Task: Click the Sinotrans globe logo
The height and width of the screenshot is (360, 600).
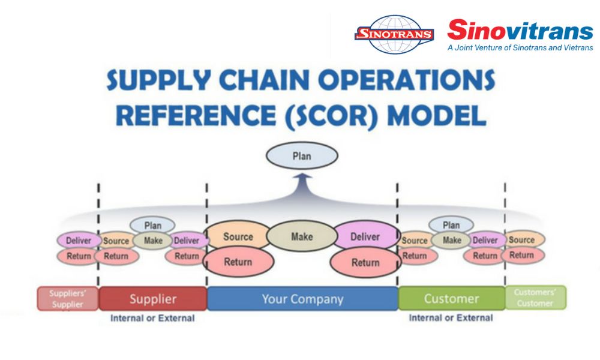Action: tap(394, 34)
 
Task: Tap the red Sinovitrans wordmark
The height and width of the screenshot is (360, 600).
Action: tap(520, 30)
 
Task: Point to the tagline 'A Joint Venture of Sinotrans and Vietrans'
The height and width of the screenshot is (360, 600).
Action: tap(520, 47)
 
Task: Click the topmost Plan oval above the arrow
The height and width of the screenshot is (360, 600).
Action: tap(302, 156)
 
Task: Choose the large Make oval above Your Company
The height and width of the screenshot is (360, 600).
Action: tap(302, 236)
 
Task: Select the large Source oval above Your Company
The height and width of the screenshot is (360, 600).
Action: tap(238, 236)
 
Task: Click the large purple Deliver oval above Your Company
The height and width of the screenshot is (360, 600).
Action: tap(365, 236)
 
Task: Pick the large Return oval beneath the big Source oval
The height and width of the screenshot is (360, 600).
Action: tap(238, 262)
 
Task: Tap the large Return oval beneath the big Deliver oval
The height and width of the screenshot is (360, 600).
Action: tap(365, 262)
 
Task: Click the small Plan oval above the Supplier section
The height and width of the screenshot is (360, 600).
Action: tap(152, 226)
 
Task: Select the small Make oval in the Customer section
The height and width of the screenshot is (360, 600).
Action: tap(451, 240)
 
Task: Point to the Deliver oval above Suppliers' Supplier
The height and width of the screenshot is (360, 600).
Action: tap(79, 241)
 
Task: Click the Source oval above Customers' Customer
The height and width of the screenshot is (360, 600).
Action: tap(521, 239)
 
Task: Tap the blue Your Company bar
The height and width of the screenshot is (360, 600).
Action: tap(302, 299)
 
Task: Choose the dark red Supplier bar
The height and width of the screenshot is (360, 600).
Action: tap(153, 299)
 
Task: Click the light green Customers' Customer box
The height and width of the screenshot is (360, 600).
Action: tap(535, 298)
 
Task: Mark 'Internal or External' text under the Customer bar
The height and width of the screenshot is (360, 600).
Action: tap(451, 318)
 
